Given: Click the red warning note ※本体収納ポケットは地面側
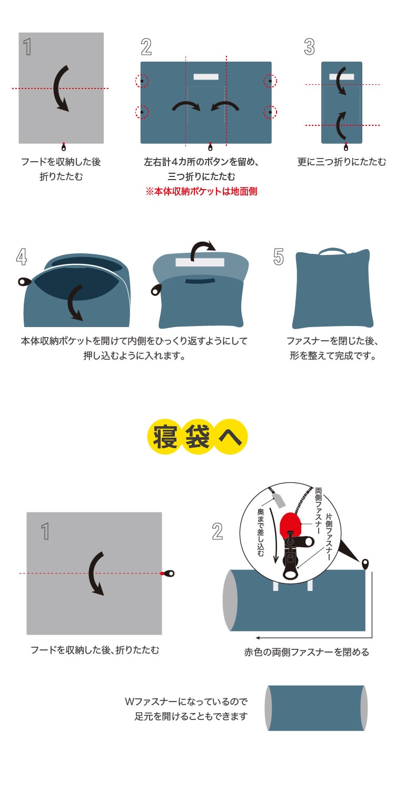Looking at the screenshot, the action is click(x=201, y=192).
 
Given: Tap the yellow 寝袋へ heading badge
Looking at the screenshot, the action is click(x=197, y=437).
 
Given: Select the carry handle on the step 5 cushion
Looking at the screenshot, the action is click(x=332, y=251).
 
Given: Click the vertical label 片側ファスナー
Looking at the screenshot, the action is click(x=329, y=537).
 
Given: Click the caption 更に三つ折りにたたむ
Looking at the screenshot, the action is click(x=341, y=162).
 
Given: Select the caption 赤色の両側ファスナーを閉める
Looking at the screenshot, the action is click(x=307, y=652).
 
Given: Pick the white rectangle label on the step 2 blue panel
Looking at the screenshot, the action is click(x=206, y=76).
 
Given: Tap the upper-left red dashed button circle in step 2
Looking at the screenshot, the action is click(x=142, y=81).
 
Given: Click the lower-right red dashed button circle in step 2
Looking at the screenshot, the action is click(x=270, y=112).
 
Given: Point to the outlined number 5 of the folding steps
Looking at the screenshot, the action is click(x=278, y=256).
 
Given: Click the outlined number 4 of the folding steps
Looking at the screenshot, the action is click(x=22, y=257).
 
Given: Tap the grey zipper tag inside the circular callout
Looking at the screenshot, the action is click(x=279, y=500).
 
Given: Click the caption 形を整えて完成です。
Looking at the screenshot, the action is click(x=332, y=355).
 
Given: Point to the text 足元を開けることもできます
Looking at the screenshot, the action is click(x=191, y=716).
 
